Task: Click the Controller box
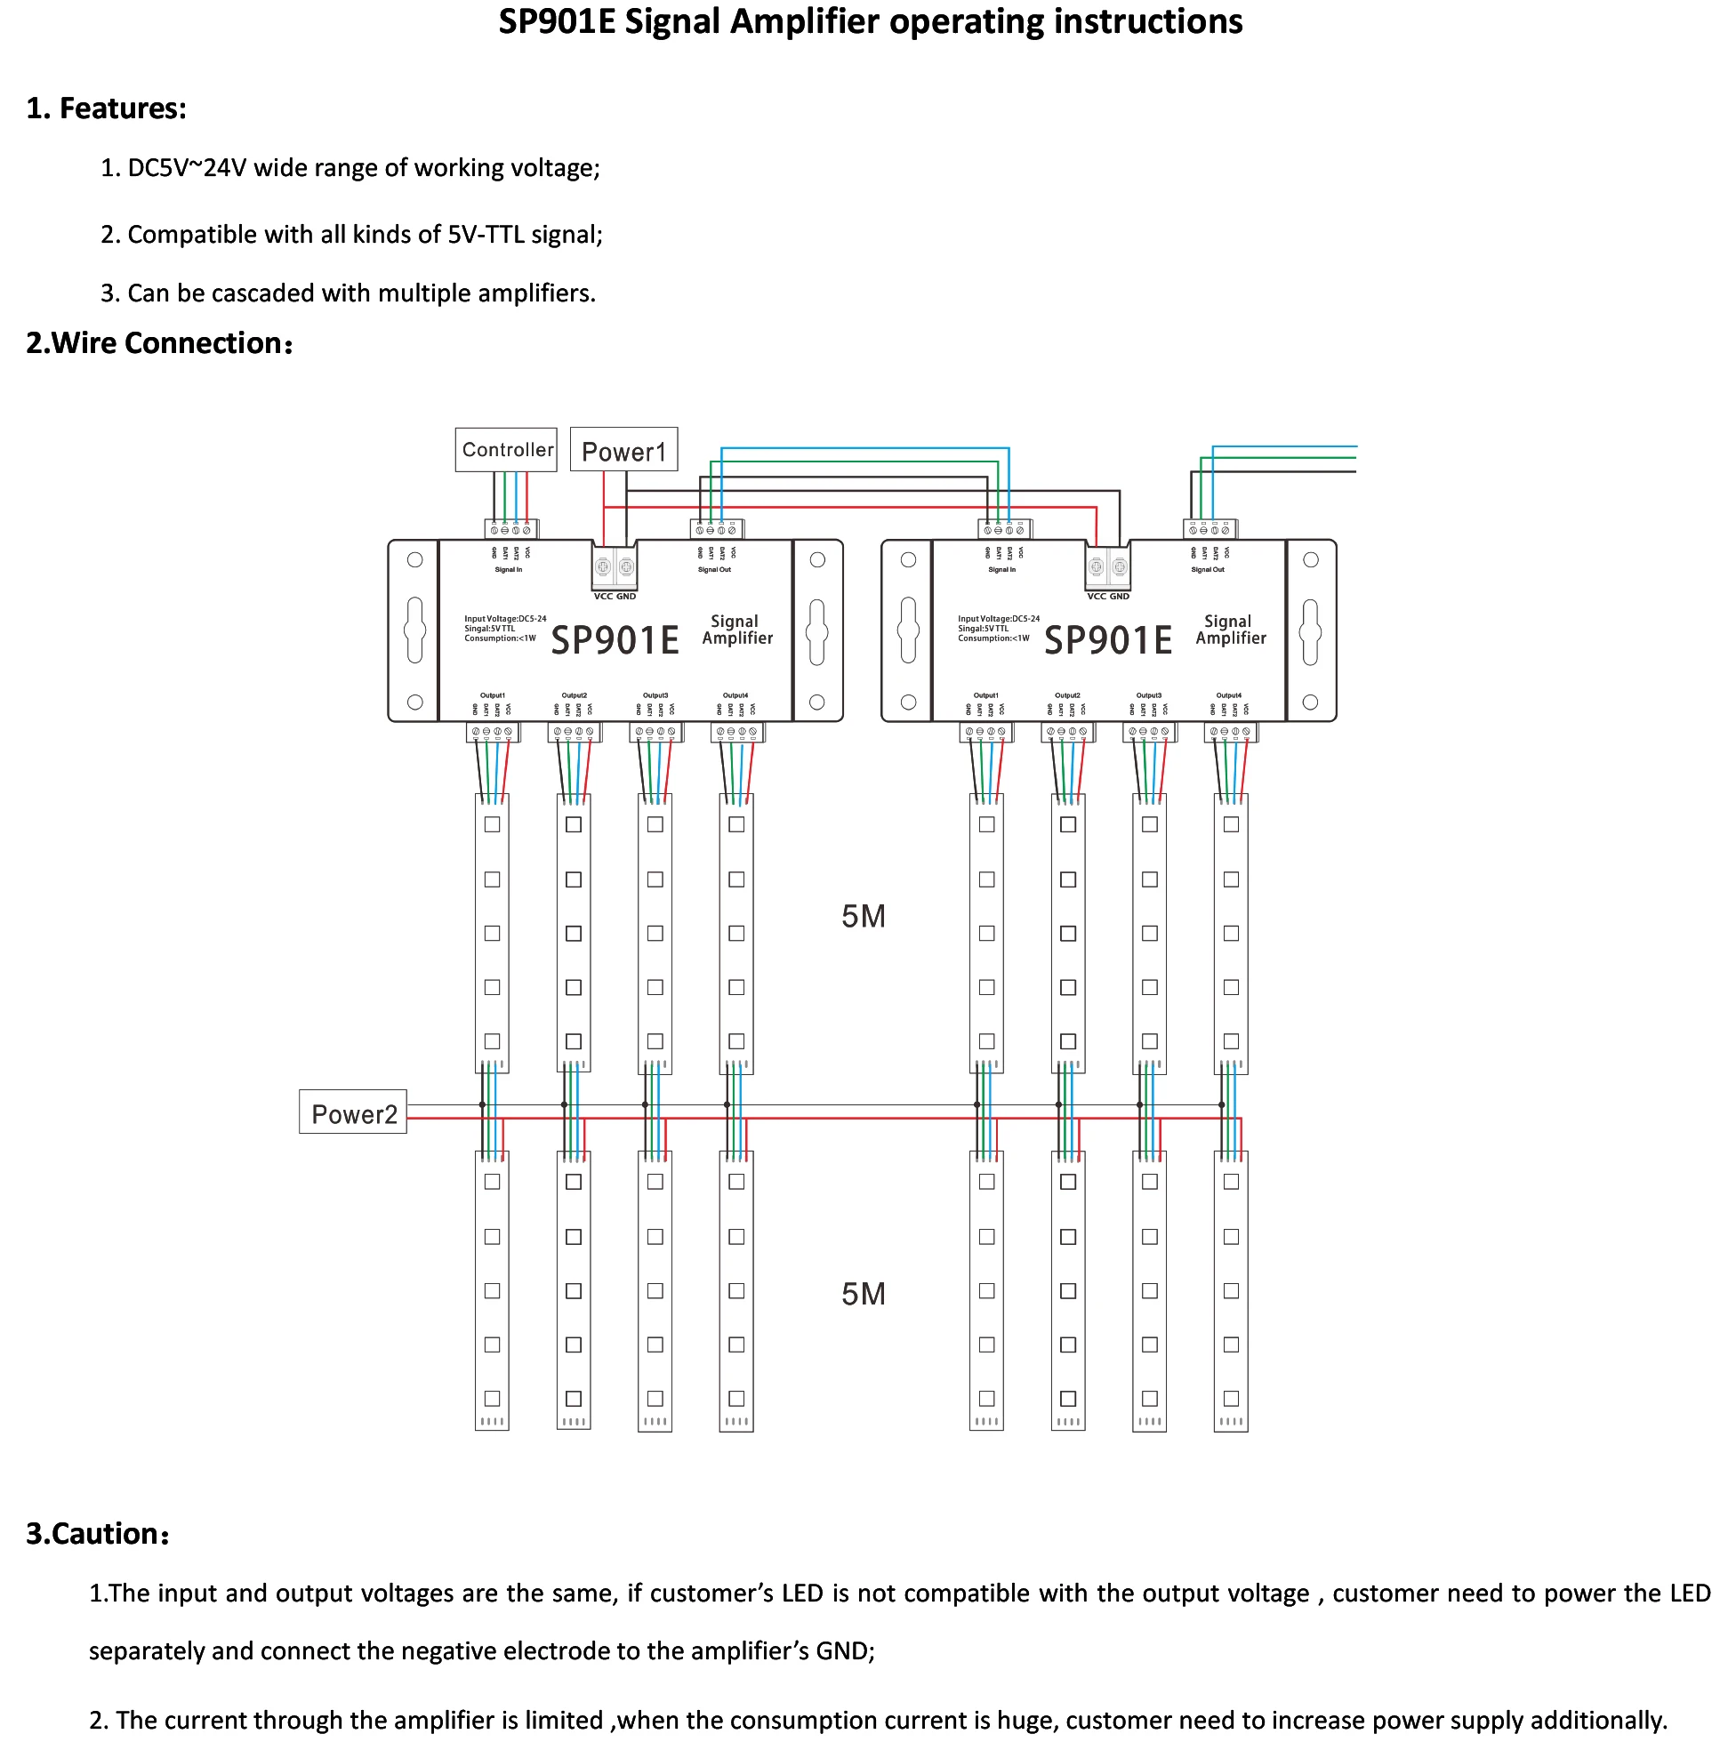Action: pyautogui.click(x=506, y=449)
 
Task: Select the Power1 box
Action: pyautogui.click(x=623, y=450)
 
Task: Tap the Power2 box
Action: pyautogui.click(x=352, y=1113)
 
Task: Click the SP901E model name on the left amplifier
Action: pyautogui.click(x=615, y=640)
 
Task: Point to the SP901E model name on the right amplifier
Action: pyautogui.click(x=1107, y=640)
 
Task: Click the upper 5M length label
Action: pyautogui.click(x=863, y=916)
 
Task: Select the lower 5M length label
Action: pyautogui.click(x=863, y=1294)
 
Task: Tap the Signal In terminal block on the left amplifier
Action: pyautogui.click(x=510, y=529)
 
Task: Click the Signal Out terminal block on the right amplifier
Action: pyautogui.click(x=1210, y=529)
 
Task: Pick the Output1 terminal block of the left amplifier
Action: pyautogui.click(x=493, y=731)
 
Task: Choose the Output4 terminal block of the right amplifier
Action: pyautogui.click(x=1230, y=731)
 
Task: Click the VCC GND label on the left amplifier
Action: pyautogui.click(x=615, y=596)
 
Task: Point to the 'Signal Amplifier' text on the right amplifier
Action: pyautogui.click(x=1230, y=630)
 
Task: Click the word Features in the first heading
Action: pyautogui.click(x=121, y=108)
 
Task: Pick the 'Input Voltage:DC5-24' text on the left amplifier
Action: pyautogui.click(x=505, y=619)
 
